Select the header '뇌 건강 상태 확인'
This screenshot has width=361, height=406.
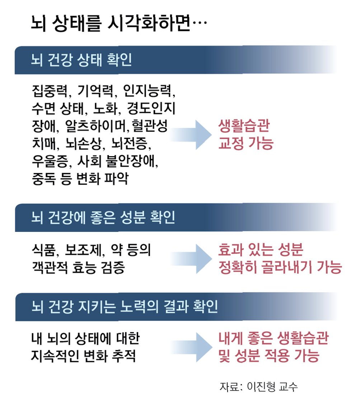82,60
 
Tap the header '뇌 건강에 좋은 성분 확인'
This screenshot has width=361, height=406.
103,218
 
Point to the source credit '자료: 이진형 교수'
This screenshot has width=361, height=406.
259,387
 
